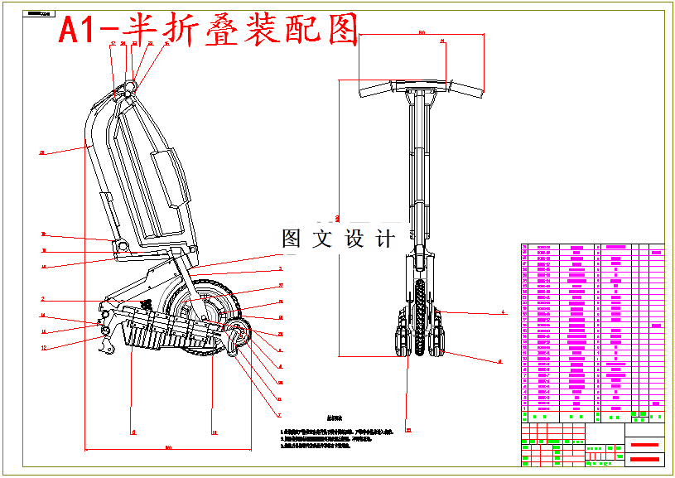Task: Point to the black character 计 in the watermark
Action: [x=384, y=239]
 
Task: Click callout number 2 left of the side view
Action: [x=42, y=299]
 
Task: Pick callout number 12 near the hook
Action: [x=43, y=349]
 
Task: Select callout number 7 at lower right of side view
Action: [x=279, y=415]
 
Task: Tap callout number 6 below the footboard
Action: [x=132, y=432]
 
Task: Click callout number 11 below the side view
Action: [x=214, y=432]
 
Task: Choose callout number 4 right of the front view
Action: [x=502, y=313]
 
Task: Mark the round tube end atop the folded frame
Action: [x=128, y=86]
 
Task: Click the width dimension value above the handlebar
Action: [x=422, y=32]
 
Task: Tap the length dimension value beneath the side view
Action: [x=168, y=448]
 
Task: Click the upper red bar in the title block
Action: [x=645, y=445]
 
